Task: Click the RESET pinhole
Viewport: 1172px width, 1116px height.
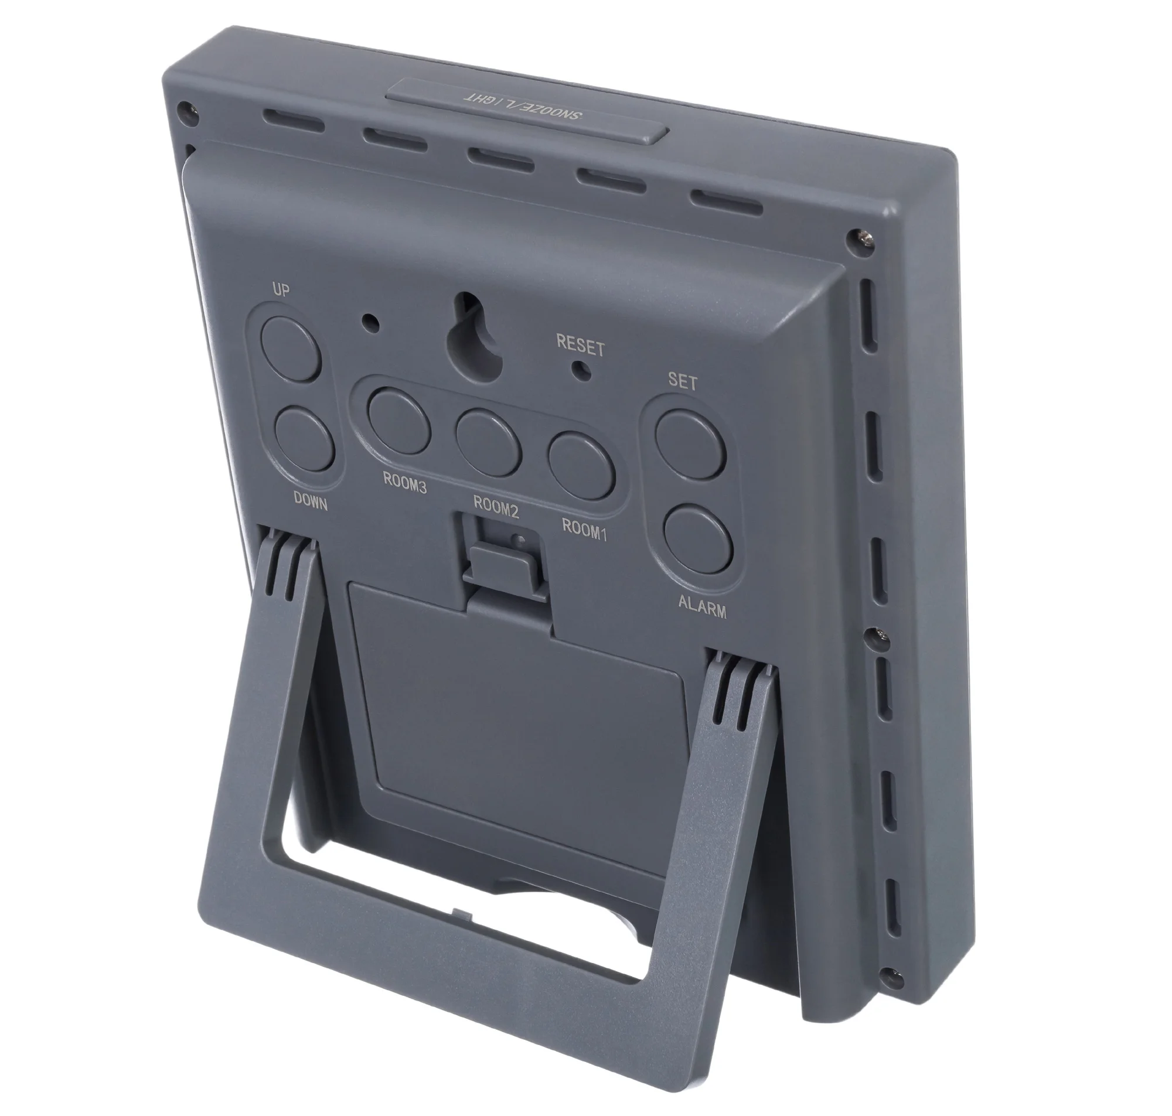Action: pos(581,369)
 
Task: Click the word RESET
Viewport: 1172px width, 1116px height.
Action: pos(580,345)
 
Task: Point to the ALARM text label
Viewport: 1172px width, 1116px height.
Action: pos(702,608)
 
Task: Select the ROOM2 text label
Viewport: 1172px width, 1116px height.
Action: pos(496,507)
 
